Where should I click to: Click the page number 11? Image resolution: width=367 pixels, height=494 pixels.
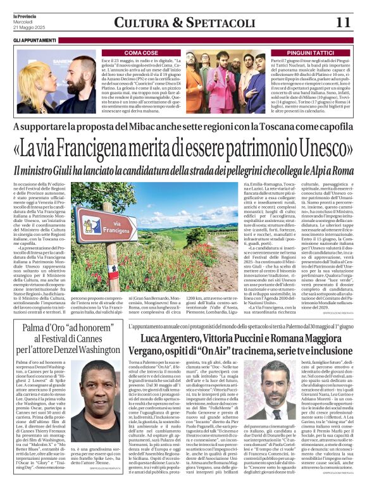tap(344, 22)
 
